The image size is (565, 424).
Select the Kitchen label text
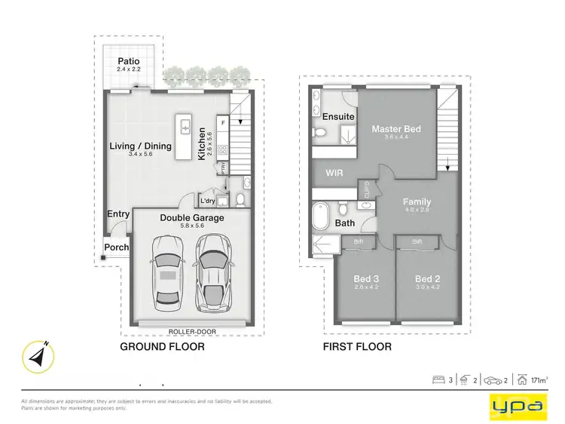(x=202, y=143)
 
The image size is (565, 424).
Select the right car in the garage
(x=212, y=273)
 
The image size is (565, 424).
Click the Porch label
(x=116, y=247)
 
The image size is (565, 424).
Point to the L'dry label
(x=208, y=200)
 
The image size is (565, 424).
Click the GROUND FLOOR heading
(x=163, y=347)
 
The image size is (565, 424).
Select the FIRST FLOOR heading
(x=357, y=347)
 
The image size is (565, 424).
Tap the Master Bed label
(x=395, y=129)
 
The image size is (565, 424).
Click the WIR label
(x=334, y=173)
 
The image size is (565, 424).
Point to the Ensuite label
(x=338, y=117)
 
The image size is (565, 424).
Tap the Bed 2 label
(x=426, y=279)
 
